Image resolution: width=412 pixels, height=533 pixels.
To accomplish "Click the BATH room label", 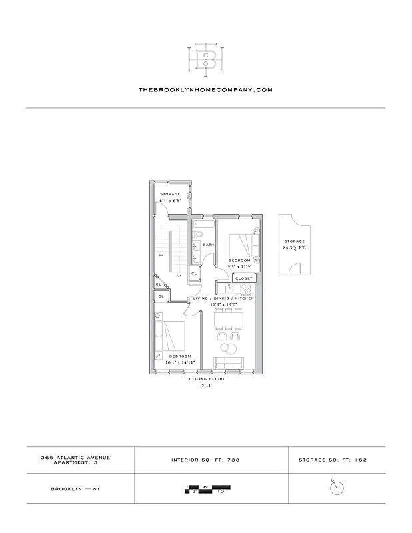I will pos(207,245).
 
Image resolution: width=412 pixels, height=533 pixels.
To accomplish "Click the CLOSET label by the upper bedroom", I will pos(244,278).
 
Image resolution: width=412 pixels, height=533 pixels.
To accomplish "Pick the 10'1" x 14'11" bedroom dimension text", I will pos(179,363).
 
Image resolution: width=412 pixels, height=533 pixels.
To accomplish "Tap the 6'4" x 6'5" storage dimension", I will pos(170,201).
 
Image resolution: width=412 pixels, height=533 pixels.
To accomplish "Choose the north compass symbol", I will pos(337,488).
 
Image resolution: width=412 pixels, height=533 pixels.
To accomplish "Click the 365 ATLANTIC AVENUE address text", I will pos(80,457).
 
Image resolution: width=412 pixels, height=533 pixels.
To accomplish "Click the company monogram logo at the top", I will pos(205,57).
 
